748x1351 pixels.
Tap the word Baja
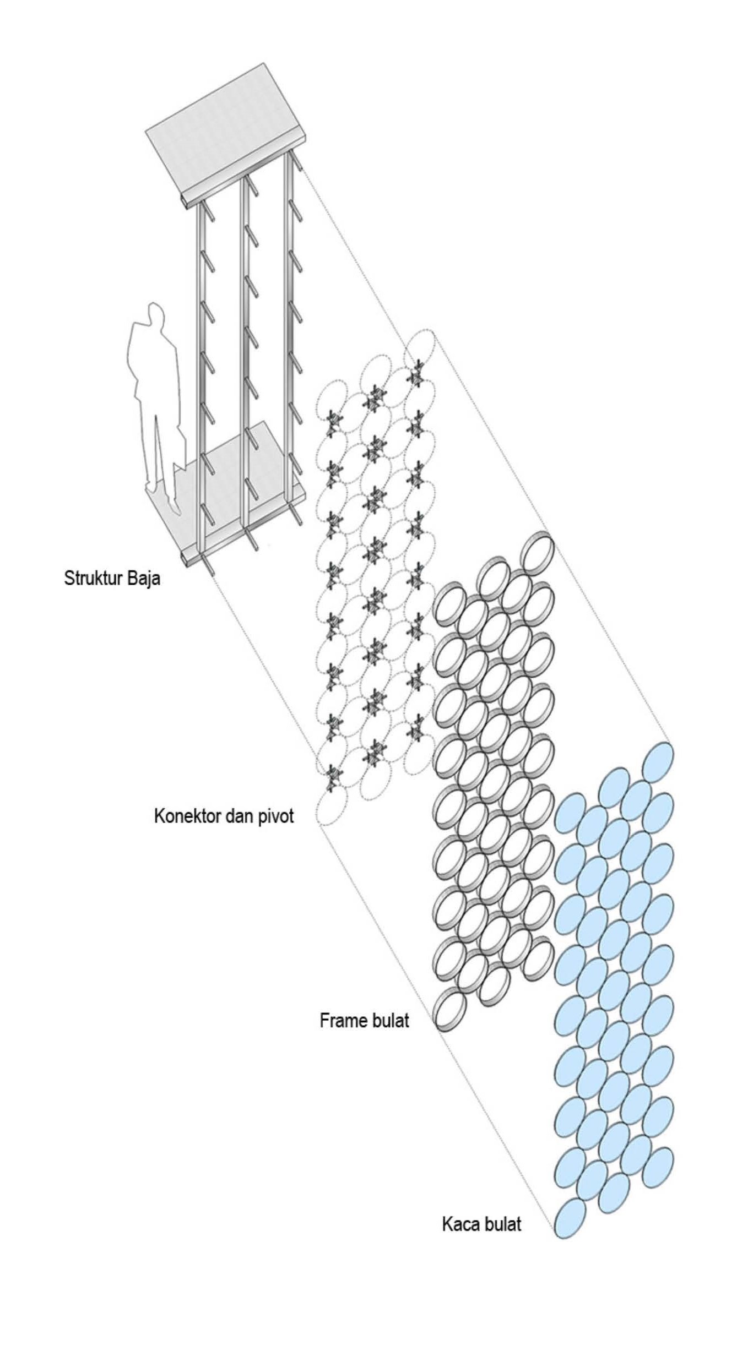(x=143, y=579)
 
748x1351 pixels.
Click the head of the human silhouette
(x=156, y=314)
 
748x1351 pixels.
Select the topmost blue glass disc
(x=658, y=762)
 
